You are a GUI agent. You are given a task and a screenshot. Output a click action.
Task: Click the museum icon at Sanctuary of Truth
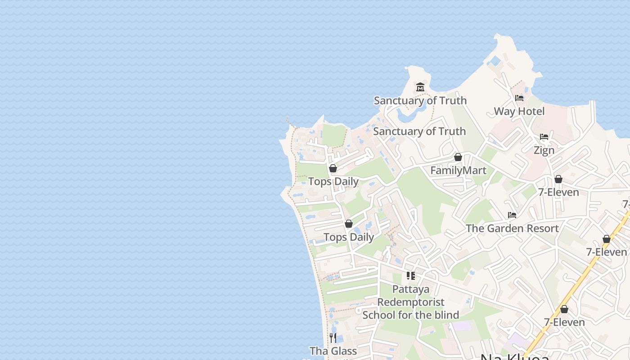click(420, 87)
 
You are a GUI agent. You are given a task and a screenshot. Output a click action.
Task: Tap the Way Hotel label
click(519, 111)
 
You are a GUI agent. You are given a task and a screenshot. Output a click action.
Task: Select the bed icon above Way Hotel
click(519, 98)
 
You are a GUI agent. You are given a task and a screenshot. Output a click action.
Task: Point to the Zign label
click(544, 150)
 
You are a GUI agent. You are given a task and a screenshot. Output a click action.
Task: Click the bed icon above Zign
click(544, 137)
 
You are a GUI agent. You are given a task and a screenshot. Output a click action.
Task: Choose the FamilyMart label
click(458, 171)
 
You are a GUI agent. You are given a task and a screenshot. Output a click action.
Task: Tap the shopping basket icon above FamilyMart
click(458, 157)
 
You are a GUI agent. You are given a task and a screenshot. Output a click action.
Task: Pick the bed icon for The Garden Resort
click(512, 215)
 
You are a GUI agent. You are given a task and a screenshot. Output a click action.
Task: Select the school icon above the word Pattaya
click(410, 275)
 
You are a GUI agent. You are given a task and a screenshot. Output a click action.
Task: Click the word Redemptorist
click(411, 302)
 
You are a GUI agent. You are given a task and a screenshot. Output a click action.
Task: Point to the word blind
click(445, 315)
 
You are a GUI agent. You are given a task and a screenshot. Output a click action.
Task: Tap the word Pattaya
click(411, 289)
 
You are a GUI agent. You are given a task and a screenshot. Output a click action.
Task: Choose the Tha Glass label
click(333, 351)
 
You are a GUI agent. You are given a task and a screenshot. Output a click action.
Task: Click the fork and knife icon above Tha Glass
click(333, 337)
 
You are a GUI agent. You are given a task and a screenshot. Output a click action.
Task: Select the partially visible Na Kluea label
click(515, 357)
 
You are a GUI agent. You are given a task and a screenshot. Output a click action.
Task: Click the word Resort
click(540, 228)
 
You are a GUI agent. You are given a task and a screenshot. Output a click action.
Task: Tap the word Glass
click(343, 351)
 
